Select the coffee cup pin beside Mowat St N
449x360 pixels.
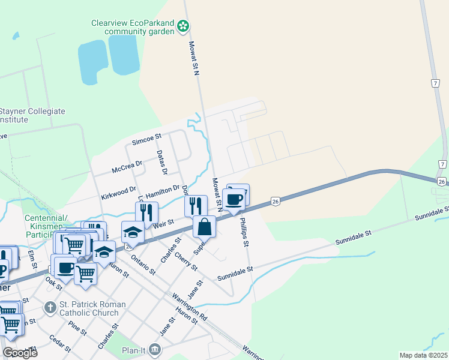point(234,198)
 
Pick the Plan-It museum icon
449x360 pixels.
point(155,349)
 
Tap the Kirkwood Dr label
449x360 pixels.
point(119,194)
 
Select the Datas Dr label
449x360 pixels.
point(161,163)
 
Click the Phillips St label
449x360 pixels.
point(244,234)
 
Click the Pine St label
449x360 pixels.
point(77,327)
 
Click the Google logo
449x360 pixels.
point(20,353)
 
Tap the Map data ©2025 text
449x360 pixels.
point(423,355)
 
